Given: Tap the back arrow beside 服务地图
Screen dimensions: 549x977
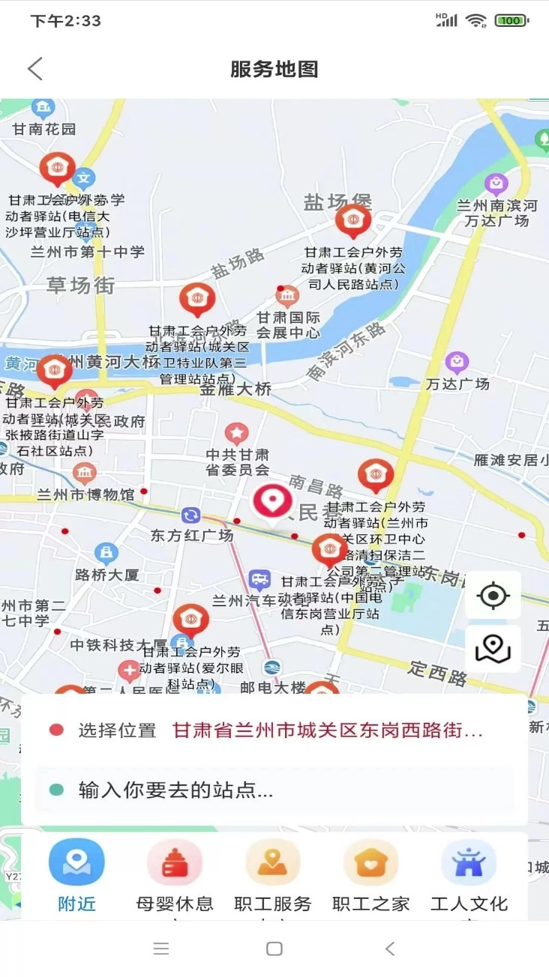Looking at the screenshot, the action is tap(35, 69).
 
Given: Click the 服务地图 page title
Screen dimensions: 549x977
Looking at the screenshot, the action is tap(274, 69).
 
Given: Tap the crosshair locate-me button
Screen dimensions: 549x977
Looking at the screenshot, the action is tap(493, 596).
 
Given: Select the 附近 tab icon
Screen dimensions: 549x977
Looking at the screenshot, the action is tap(76, 862).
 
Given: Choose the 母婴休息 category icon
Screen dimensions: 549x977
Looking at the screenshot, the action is tap(175, 862).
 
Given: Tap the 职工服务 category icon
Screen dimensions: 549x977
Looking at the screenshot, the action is tap(273, 862).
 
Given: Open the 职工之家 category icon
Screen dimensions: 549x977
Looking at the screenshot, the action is tap(371, 862).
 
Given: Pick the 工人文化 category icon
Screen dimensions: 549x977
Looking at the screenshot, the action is tap(469, 862).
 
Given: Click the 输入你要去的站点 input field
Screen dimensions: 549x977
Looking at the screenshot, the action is tap(274, 790).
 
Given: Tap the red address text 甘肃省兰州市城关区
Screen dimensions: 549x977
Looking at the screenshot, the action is tap(327, 731).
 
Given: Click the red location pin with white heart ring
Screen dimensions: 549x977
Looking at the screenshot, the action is tap(272, 502).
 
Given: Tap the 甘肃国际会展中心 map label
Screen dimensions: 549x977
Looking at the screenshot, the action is tap(289, 325).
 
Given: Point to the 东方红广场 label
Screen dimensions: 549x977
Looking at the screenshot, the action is tap(192, 535).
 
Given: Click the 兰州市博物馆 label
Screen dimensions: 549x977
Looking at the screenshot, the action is tap(85, 494).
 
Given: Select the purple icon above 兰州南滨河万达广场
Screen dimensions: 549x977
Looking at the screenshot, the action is tap(496, 183).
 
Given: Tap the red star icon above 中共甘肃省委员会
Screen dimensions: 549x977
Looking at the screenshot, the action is tap(237, 433).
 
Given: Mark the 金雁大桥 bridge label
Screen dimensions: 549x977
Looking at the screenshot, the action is tap(235, 390).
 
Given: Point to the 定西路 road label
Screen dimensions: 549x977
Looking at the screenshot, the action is tap(438, 673).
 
